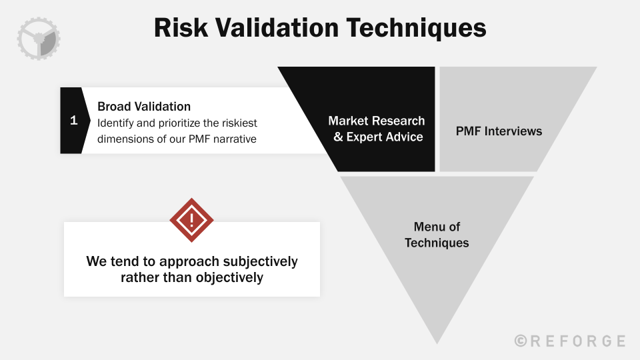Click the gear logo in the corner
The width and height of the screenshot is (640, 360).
click(39, 39)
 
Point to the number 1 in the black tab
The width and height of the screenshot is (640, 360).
click(73, 121)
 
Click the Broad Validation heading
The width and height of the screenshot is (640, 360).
click(144, 107)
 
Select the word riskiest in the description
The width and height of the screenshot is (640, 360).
click(238, 123)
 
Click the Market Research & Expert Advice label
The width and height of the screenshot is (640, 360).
click(377, 129)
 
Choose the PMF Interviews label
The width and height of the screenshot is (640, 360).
click(499, 131)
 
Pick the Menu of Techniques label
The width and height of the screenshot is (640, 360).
click(437, 235)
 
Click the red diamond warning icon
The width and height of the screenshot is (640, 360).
click(191, 220)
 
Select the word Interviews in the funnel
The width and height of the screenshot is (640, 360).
click(513, 131)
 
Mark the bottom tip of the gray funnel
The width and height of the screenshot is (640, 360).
click(437, 341)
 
